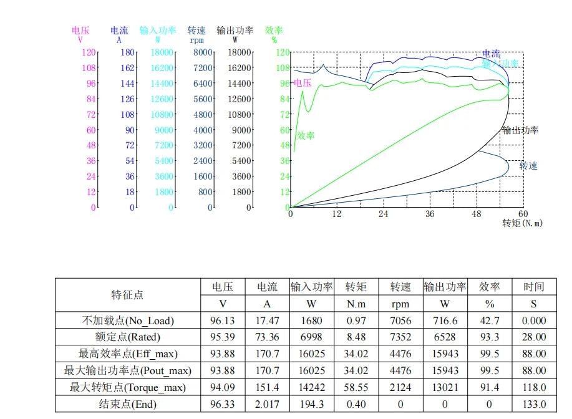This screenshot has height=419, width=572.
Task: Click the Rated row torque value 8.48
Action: pyautogui.click(x=356, y=337)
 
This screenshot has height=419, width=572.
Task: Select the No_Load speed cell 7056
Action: pyautogui.click(x=400, y=320)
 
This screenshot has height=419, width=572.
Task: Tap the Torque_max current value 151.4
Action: pyautogui.click(x=267, y=387)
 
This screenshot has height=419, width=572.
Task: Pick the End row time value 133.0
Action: pyautogui.click(x=534, y=404)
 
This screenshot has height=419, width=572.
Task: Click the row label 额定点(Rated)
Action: pyautogui.click(x=127, y=337)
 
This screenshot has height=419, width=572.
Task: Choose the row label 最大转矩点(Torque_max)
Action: pyautogui.click(x=127, y=387)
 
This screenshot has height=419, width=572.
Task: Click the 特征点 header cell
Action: pyautogui.click(x=127, y=295)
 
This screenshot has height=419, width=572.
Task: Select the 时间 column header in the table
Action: pyautogui.click(x=534, y=287)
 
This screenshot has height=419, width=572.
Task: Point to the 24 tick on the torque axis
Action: pyautogui.click(x=383, y=214)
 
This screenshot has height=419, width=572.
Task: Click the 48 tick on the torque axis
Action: pyautogui.click(x=477, y=214)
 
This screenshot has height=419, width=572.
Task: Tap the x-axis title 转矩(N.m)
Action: pyautogui.click(x=522, y=223)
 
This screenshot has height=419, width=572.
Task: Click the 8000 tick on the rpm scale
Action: pyautogui.click(x=203, y=52)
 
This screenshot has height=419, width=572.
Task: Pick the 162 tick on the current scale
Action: pyautogui.click(x=127, y=68)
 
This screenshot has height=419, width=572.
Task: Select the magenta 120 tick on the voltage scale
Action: pyautogui.click(x=89, y=52)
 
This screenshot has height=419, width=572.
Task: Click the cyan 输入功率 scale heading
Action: pyautogui.click(x=158, y=31)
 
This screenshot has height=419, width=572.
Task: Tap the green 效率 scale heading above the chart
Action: pyautogui.click(x=274, y=31)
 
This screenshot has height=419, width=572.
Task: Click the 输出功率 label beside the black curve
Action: pyautogui.click(x=520, y=130)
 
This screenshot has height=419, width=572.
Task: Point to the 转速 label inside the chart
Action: pyautogui.click(x=528, y=166)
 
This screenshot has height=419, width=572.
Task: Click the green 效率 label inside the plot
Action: pyautogui.click(x=305, y=136)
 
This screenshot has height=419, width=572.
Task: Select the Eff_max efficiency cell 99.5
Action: pyautogui.click(x=489, y=354)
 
